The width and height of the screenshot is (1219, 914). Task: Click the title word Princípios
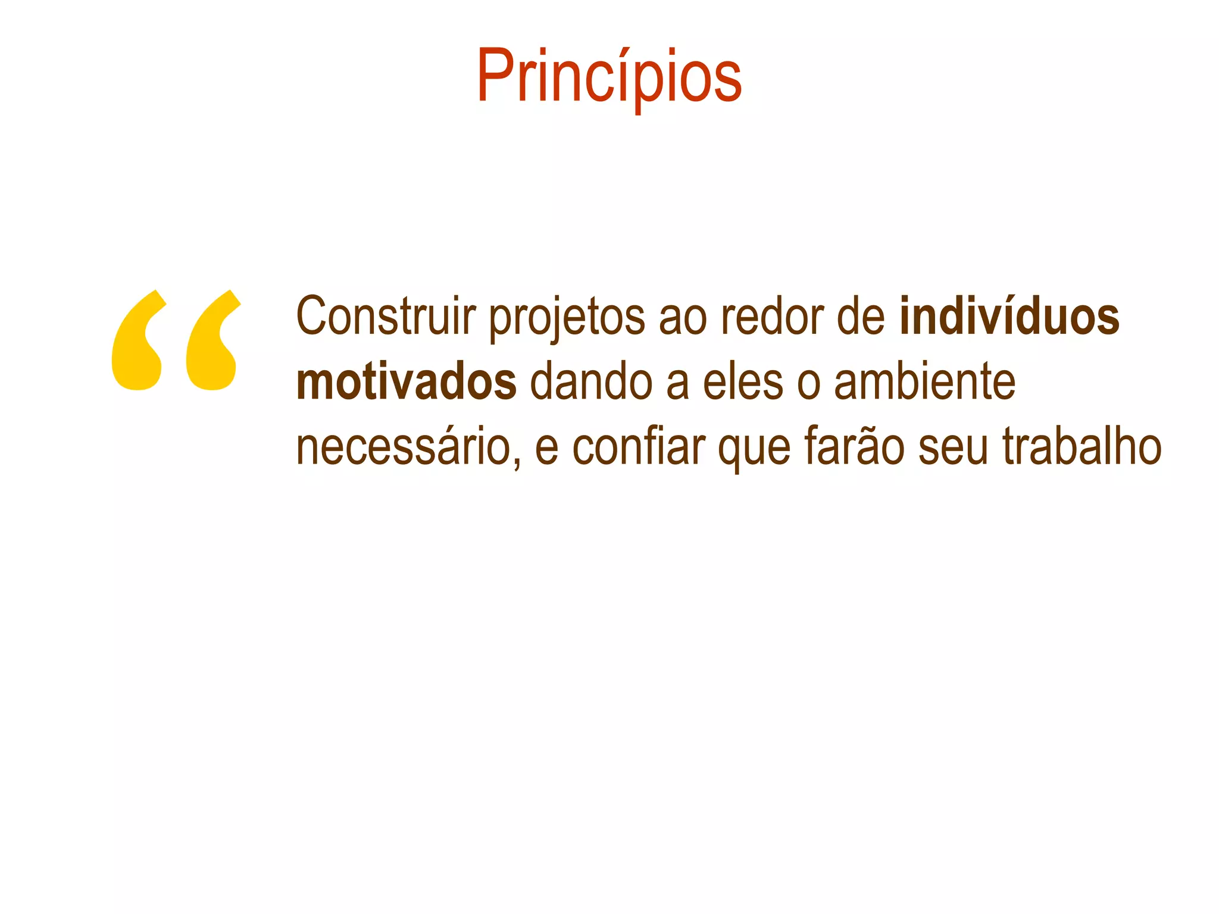[609, 77]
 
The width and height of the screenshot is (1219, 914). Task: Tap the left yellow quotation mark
[138, 342]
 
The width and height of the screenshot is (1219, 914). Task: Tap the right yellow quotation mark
[212, 342]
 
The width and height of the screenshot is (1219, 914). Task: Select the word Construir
[386, 316]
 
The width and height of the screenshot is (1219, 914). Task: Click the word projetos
[567, 318]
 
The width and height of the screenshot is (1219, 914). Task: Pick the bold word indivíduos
[1009, 316]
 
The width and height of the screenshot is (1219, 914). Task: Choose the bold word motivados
[407, 382]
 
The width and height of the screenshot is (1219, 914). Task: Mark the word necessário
[404, 447]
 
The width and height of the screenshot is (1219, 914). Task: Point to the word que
[754, 450]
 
